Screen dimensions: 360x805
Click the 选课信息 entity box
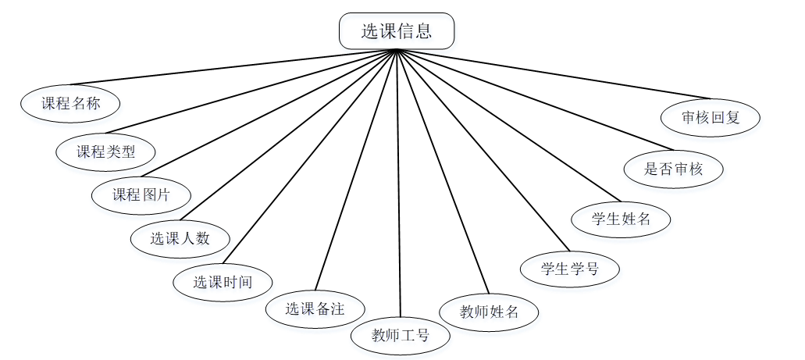pos(397,31)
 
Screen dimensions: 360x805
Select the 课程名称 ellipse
pos(70,104)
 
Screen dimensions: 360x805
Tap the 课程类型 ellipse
pos(105,151)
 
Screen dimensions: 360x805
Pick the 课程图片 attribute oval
pos(141,195)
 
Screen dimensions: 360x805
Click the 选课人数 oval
pos(180,238)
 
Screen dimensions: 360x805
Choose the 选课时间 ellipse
pos(223,282)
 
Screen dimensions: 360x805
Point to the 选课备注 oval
pos(315,308)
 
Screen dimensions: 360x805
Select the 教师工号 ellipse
pos(401,336)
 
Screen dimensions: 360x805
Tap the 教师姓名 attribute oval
pos(489,312)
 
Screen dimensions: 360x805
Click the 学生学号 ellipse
pos(570,269)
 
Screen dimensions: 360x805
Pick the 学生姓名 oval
pos(622,218)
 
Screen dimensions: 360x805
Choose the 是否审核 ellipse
pos(673,169)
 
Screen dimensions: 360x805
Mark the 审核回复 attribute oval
pos(710,119)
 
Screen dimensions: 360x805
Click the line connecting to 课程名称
pos(234,67)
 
